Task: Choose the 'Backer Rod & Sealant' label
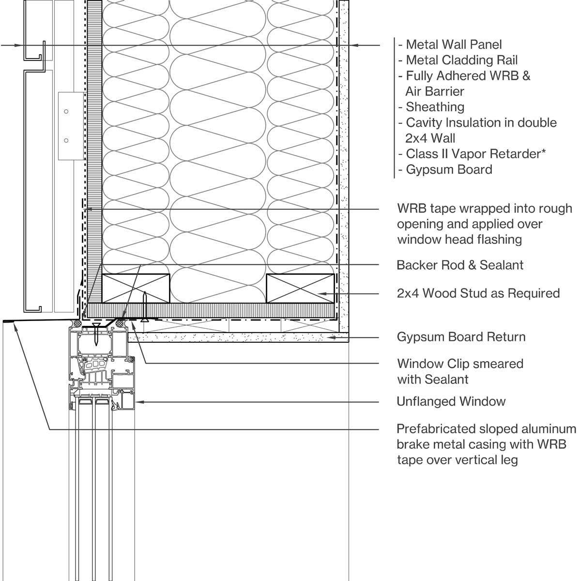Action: tap(460, 265)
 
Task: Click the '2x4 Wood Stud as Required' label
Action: tap(478, 293)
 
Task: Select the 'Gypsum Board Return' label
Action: tap(461, 337)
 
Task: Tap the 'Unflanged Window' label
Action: tap(451, 401)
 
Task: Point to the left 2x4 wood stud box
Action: tap(136, 288)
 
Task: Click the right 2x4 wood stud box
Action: tap(300, 288)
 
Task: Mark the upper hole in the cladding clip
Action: tap(66, 111)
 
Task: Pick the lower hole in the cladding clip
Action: tap(66, 140)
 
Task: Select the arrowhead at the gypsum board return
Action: tap(330, 337)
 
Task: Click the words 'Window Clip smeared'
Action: tap(460, 364)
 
